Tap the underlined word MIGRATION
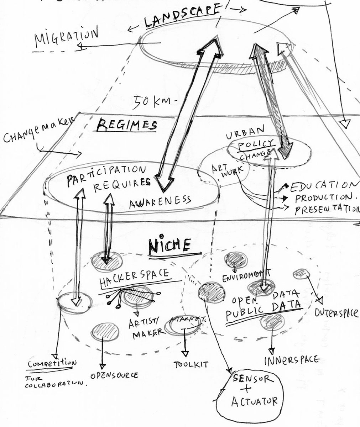tap(66, 37)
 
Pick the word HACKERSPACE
tap(134, 276)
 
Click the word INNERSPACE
tap(291, 360)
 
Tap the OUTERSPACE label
tap(336, 313)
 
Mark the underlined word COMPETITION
tap(53, 364)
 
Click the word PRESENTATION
tap(325, 210)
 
